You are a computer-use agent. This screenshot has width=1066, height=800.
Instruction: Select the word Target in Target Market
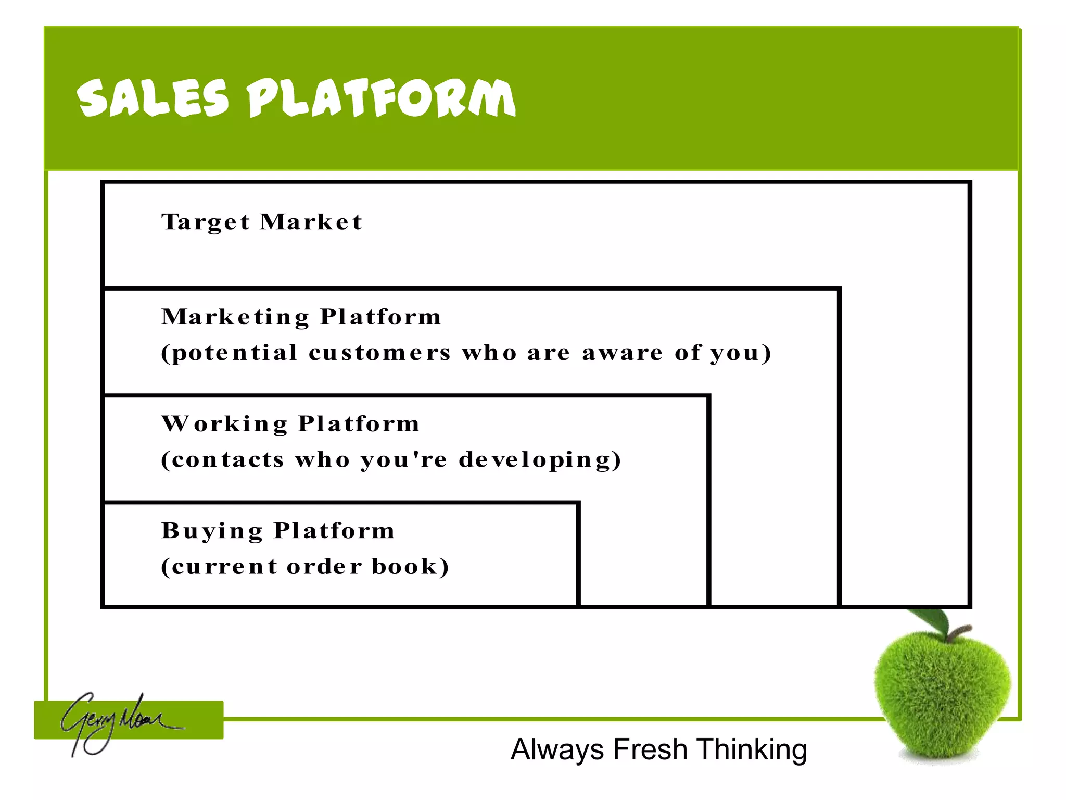(x=206, y=222)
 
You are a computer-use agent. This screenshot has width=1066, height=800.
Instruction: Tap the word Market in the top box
(x=311, y=222)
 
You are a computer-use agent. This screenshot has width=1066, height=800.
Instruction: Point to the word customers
(x=379, y=353)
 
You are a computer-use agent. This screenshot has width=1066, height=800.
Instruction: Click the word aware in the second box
(x=622, y=353)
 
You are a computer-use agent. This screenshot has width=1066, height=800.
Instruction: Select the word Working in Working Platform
(x=224, y=424)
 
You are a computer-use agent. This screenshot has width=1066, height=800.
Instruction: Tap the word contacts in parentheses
(x=228, y=460)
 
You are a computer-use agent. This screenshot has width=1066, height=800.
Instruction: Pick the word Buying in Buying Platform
(x=212, y=531)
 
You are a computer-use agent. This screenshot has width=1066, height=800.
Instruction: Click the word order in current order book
(x=324, y=567)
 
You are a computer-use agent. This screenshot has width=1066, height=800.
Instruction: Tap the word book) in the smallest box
(x=410, y=567)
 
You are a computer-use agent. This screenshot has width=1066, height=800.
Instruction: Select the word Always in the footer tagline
(x=557, y=750)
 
